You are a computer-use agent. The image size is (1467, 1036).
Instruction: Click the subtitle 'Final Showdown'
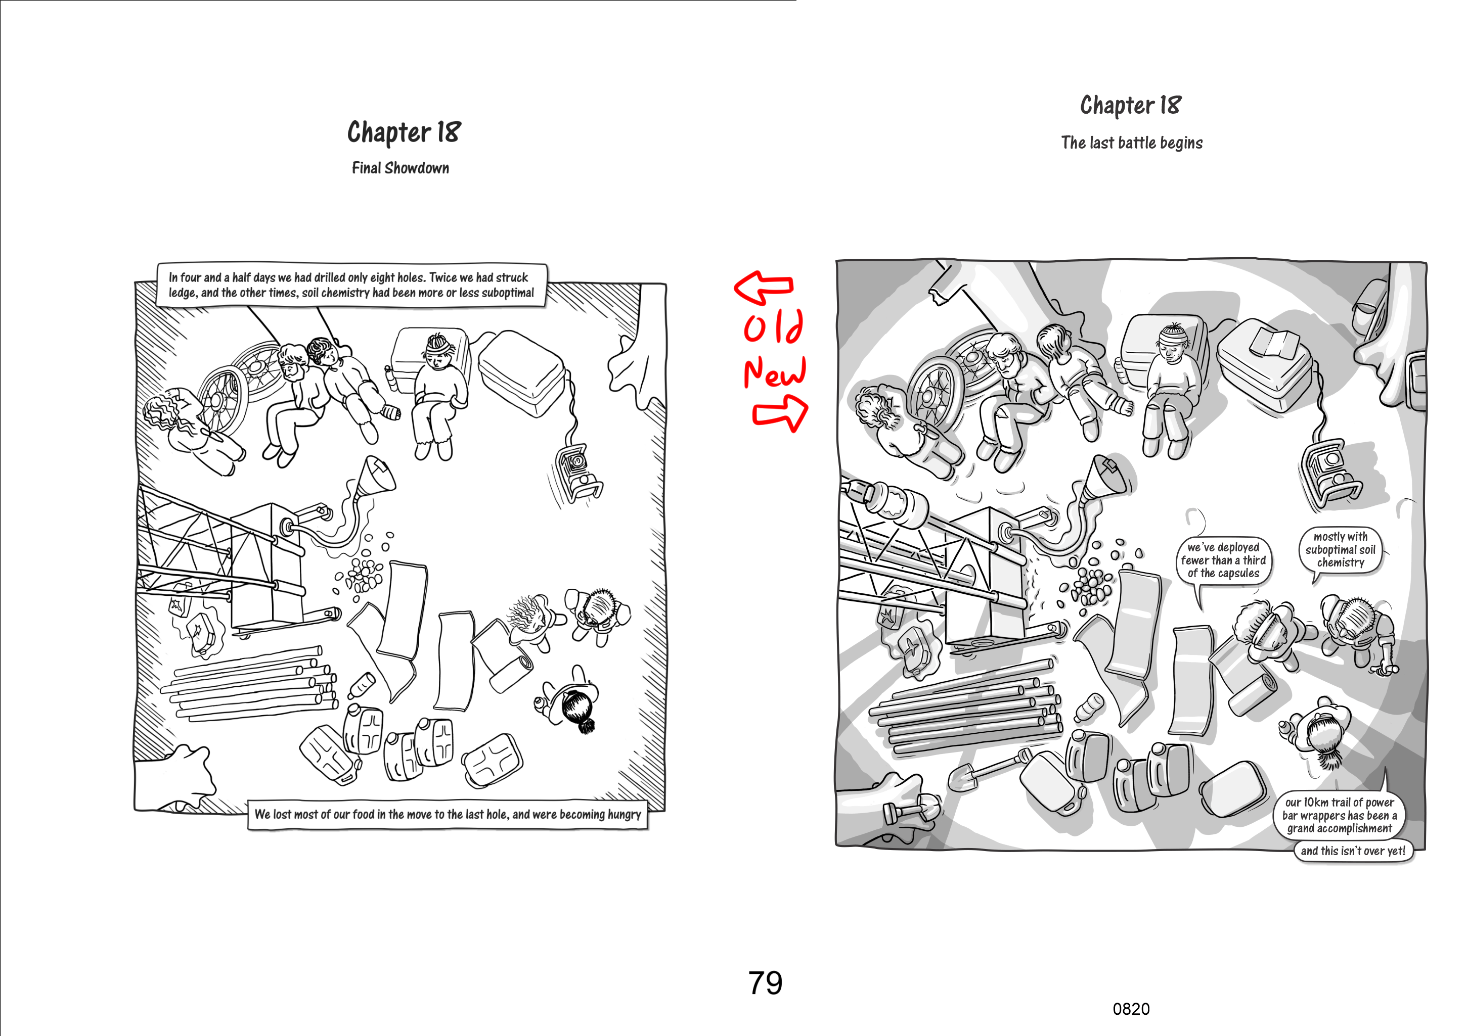pos(400,168)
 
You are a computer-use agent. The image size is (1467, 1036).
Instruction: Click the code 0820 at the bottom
pos(1130,1009)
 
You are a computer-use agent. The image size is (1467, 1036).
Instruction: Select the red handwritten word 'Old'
pos(773,327)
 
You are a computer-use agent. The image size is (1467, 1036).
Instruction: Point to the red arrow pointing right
pos(781,412)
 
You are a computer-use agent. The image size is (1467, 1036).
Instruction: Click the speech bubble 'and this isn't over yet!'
pos(1353,851)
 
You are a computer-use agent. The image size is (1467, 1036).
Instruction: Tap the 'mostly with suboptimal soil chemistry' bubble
pos(1340,550)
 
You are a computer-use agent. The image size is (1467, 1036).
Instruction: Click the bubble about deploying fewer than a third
pos(1223,560)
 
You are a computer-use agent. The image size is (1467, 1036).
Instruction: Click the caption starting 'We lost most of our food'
pos(447,814)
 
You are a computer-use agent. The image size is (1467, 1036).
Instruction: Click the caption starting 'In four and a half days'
pos(351,285)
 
